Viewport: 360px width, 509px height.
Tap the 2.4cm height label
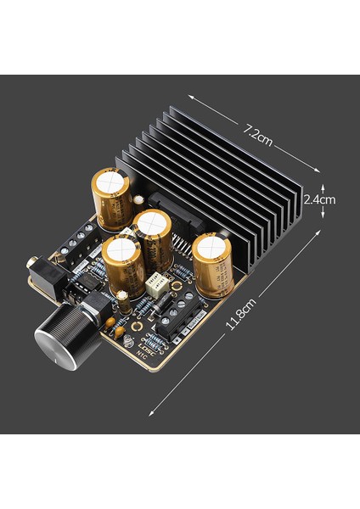tap(319, 199)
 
